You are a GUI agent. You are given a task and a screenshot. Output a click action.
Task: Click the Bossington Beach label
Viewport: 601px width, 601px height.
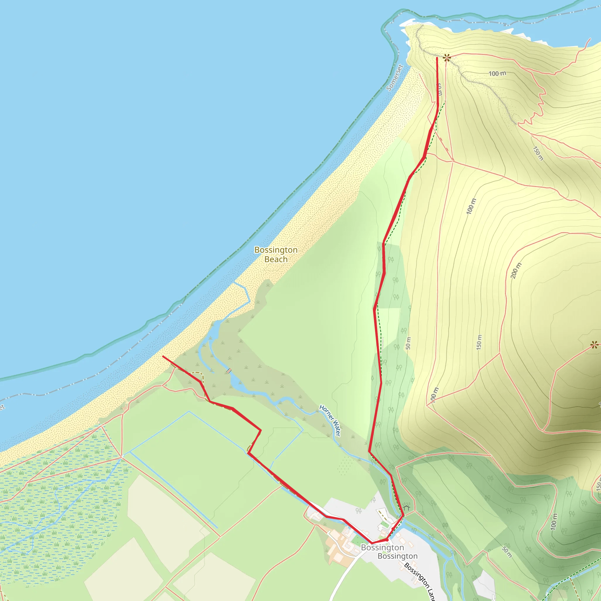tap(276, 254)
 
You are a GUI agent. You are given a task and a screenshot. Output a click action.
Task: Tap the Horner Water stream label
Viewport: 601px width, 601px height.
tap(330, 420)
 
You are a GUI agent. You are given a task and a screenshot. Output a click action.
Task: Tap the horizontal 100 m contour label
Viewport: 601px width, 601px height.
tap(497, 73)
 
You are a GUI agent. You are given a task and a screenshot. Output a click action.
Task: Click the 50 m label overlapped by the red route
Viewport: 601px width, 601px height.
tap(439, 89)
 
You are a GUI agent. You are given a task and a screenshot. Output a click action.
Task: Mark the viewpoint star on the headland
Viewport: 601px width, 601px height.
tap(447, 58)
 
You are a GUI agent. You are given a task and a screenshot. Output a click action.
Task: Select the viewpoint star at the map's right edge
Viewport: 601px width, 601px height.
tap(594, 345)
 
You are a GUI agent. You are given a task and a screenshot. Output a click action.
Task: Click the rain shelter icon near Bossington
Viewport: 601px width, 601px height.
tap(406, 507)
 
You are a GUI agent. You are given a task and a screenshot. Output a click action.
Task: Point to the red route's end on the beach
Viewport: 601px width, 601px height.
tap(163, 357)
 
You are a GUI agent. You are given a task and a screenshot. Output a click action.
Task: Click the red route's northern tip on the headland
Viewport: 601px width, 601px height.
tap(437, 58)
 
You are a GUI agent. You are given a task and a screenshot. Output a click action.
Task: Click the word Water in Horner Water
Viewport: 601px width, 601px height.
tap(337, 429)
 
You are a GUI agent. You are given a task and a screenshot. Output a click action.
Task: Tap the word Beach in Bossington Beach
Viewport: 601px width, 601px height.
tap(276, 259)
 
